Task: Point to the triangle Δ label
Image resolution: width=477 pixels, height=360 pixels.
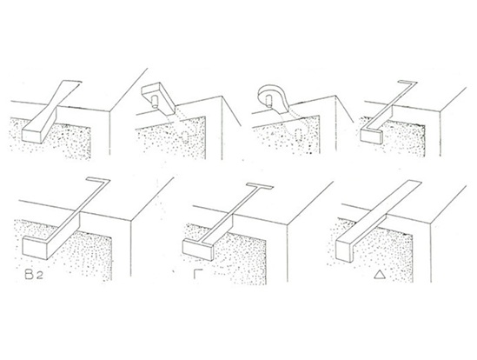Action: tap(380, 275)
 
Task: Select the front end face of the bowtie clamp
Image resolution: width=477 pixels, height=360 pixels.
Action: tap(31, 137)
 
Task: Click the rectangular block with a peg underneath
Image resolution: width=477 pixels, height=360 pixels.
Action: tap(158, 96)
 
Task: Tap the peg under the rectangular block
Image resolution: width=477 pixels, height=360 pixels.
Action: tap(155, 101)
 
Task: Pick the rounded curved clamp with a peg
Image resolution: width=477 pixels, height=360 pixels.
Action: tap(272, 96)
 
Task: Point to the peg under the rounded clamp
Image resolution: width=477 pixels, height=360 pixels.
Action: tap(268, 100)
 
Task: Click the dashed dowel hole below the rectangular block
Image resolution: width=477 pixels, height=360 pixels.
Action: tap(185, 137)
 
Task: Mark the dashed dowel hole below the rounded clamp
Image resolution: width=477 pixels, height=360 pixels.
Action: tap(298, 134)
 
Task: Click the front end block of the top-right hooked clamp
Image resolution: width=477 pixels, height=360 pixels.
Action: tap(372, 136)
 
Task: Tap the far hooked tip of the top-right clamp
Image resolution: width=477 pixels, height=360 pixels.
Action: tap(408, 82)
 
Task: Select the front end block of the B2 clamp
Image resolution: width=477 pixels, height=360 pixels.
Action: tap(36, 248)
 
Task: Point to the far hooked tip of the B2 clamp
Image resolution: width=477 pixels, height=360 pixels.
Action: tap(98, 179)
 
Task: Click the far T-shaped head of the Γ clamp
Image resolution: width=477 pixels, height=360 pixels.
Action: tap(260, 185)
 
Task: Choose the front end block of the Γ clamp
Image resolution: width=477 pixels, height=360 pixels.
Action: tap(198, 250)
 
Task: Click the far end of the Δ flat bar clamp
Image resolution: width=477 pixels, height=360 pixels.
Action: tap(412, 183)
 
